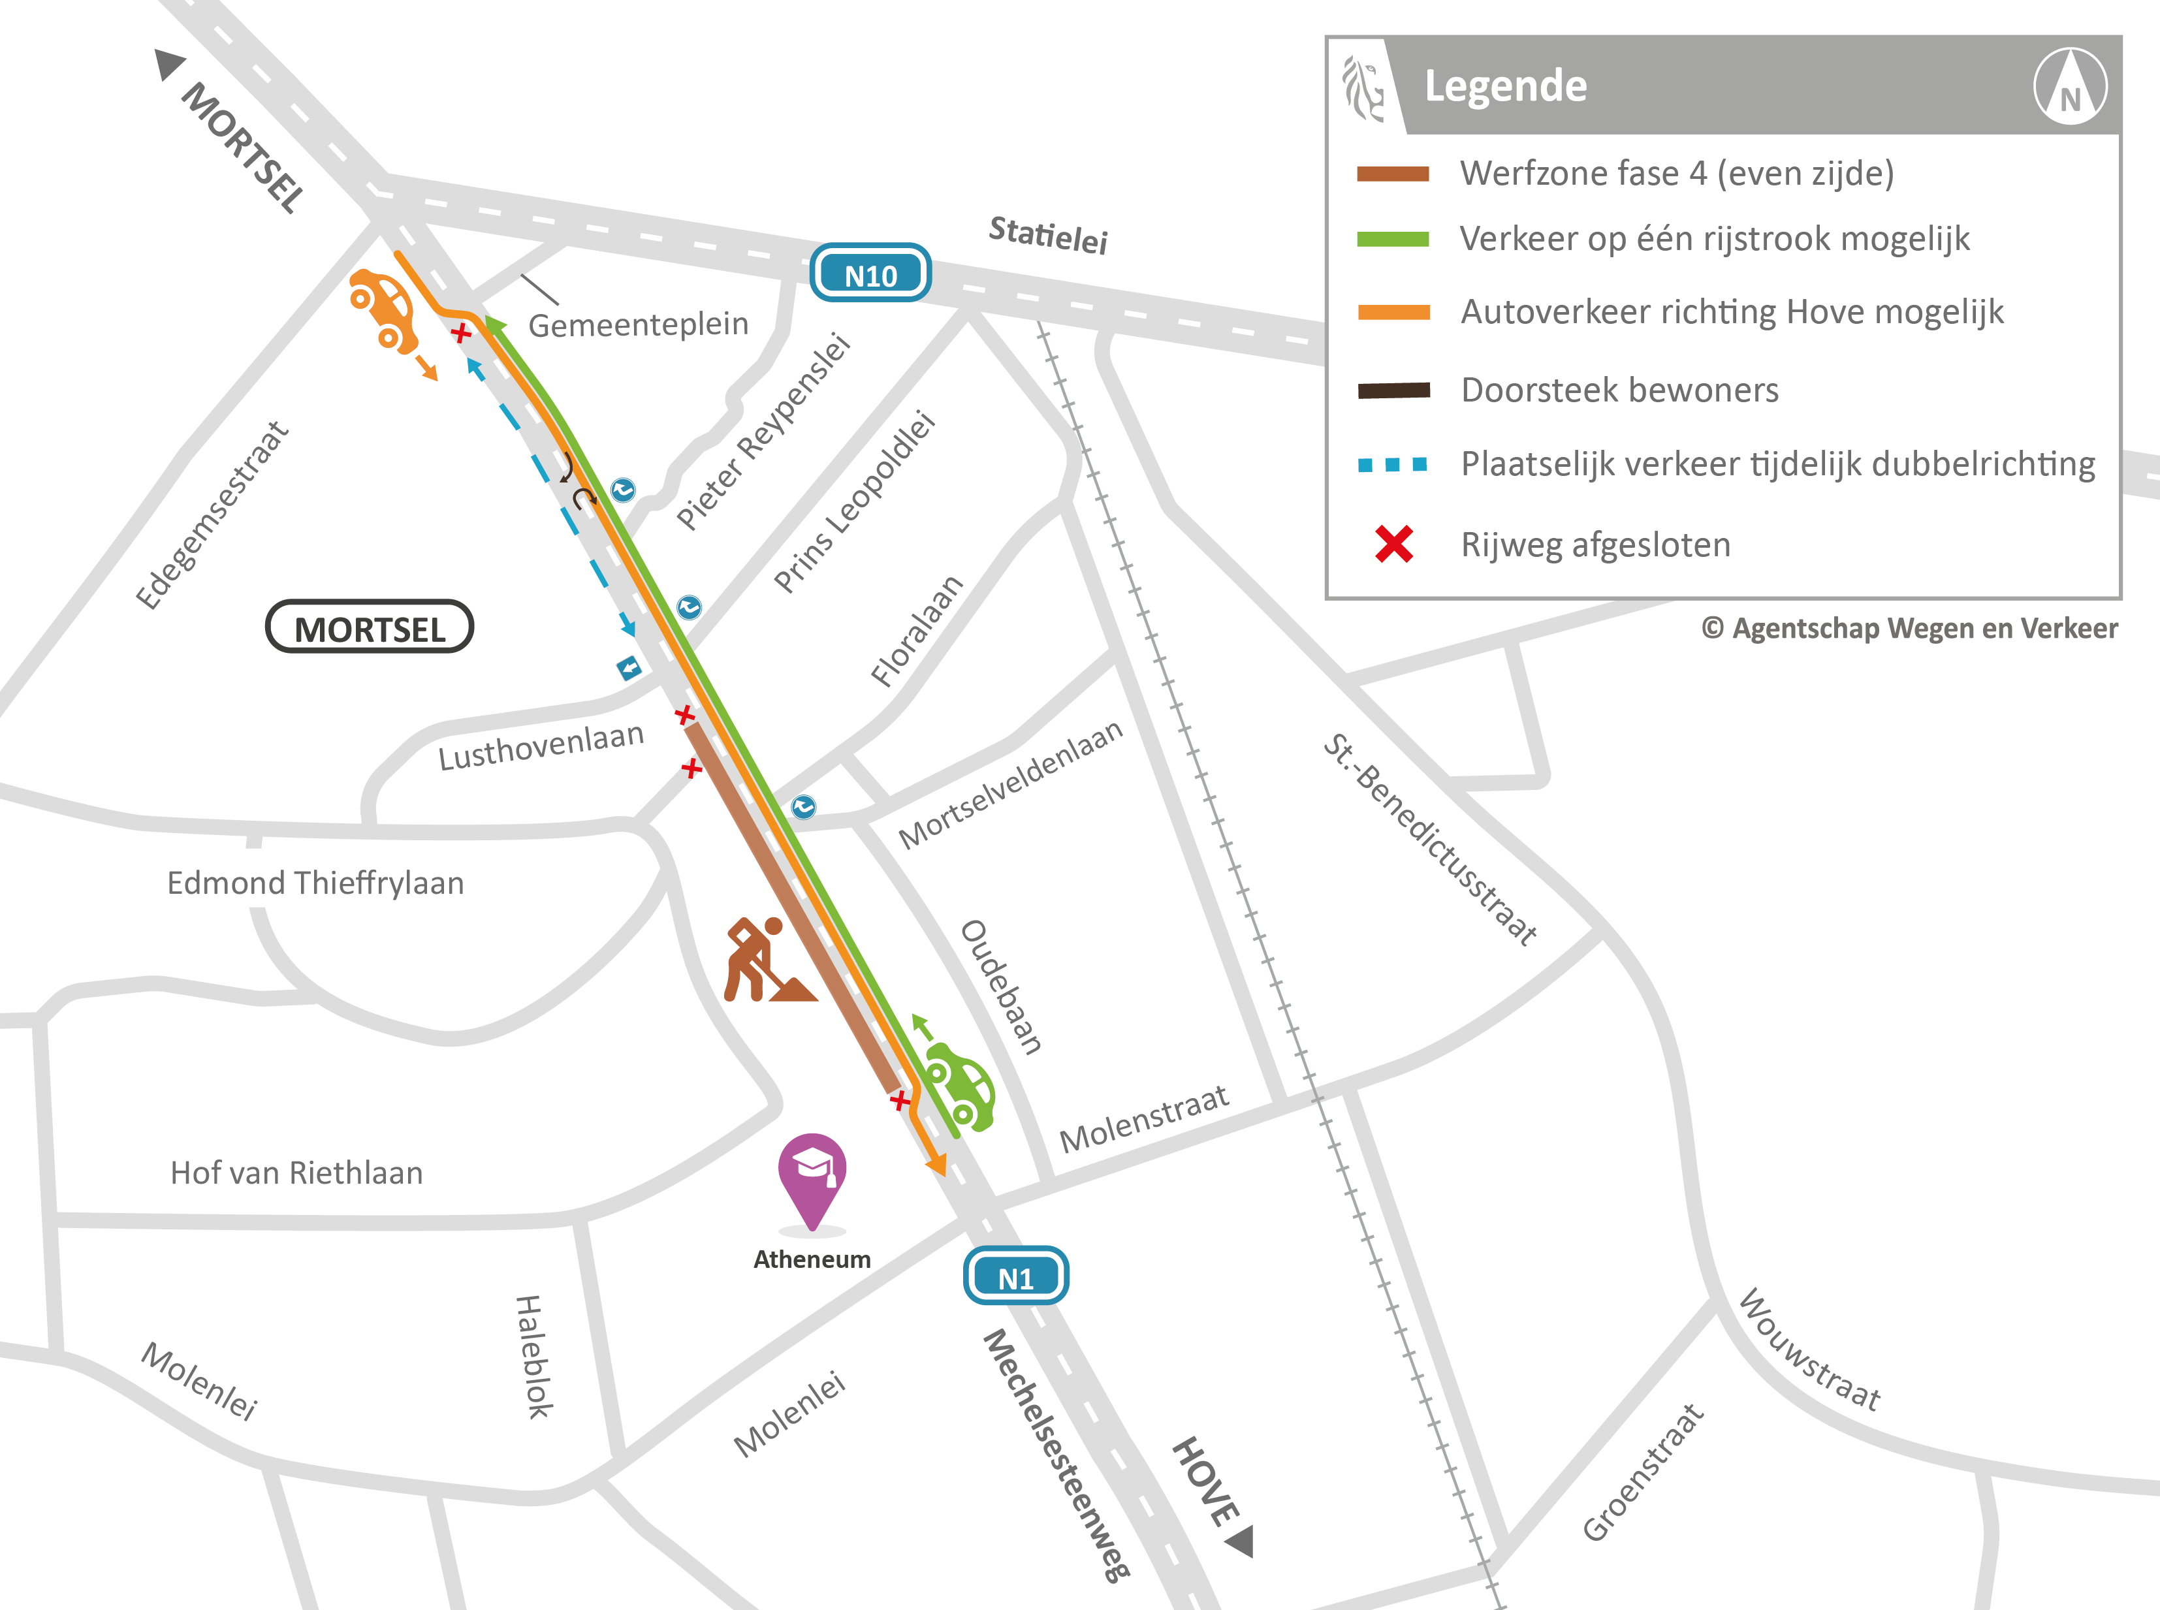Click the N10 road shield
(x=870, y=273)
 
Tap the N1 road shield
(x=1015, y=1276)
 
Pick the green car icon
(x=959, y=1086)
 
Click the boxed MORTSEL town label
(x=370, y=627)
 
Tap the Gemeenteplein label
(x=639, y=324)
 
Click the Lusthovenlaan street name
(x=541, y=746)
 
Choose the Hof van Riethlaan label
(x=296, y=1173)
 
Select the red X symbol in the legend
(x=1394, y=544)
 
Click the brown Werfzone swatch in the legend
(x=1393, y=174)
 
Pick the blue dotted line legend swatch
(x=1393, y=465)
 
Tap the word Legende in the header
(x=1505, y=86)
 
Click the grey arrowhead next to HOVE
(x=1241, y=1541)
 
